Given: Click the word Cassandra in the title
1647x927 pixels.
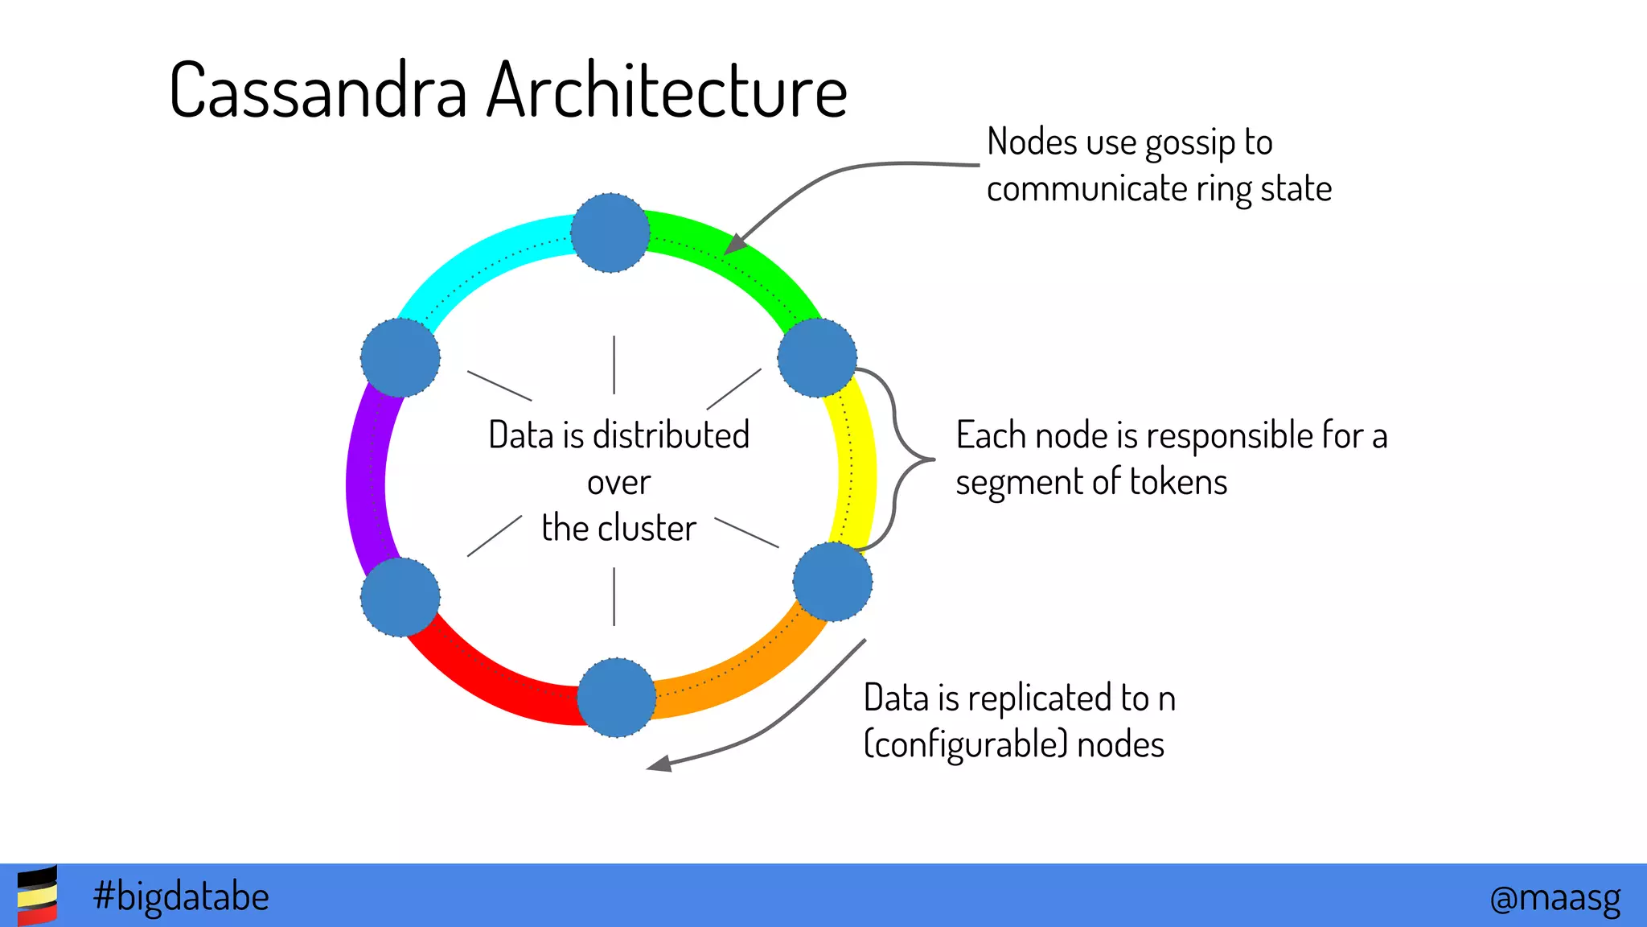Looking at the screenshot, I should coord(318,91).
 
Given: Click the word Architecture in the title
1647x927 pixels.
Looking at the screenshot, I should coord(667,91).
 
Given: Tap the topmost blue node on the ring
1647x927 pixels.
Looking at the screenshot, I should coord(610,233).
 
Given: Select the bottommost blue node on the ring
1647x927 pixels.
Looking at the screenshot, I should coord(617,697).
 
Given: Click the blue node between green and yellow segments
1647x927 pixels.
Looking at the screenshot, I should coord(817,357).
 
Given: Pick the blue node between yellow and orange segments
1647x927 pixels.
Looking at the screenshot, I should coord(832,582).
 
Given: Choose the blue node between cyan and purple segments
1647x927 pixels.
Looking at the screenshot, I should coord(400,357).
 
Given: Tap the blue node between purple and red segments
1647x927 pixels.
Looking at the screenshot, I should coord(400,597).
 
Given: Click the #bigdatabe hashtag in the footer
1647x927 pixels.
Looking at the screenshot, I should coord(181,896).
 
